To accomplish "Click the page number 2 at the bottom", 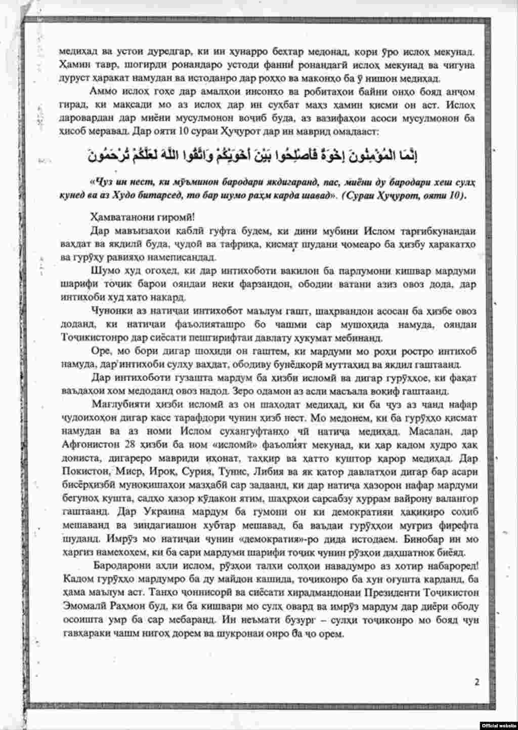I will (x=477, y=681).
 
